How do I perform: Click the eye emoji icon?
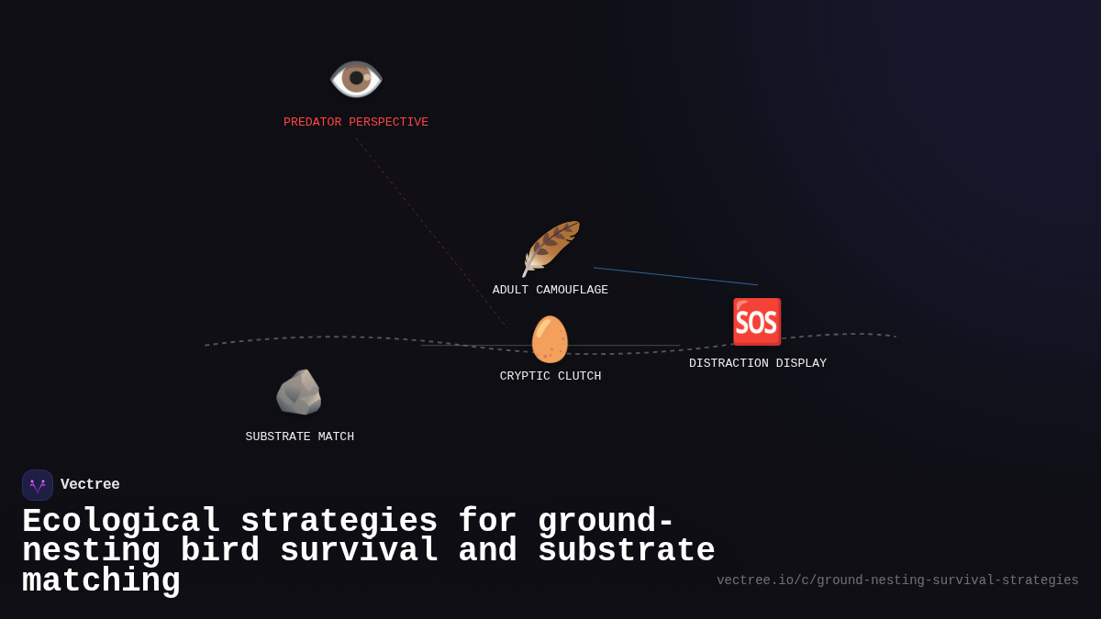356,78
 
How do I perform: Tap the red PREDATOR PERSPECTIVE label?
356,123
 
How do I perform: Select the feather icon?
550,248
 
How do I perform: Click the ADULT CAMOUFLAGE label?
550,291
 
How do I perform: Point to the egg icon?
550,339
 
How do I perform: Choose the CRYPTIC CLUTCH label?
550,377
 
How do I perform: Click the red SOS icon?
757,322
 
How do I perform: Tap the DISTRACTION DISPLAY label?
758,364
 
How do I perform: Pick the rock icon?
299,392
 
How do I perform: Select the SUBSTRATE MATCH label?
300,437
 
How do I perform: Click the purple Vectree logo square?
38,485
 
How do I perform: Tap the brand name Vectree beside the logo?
90,485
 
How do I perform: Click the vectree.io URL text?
897,580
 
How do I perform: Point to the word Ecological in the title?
121,522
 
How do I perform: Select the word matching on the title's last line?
101,581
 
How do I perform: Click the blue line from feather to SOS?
675,276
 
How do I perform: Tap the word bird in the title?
220,551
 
